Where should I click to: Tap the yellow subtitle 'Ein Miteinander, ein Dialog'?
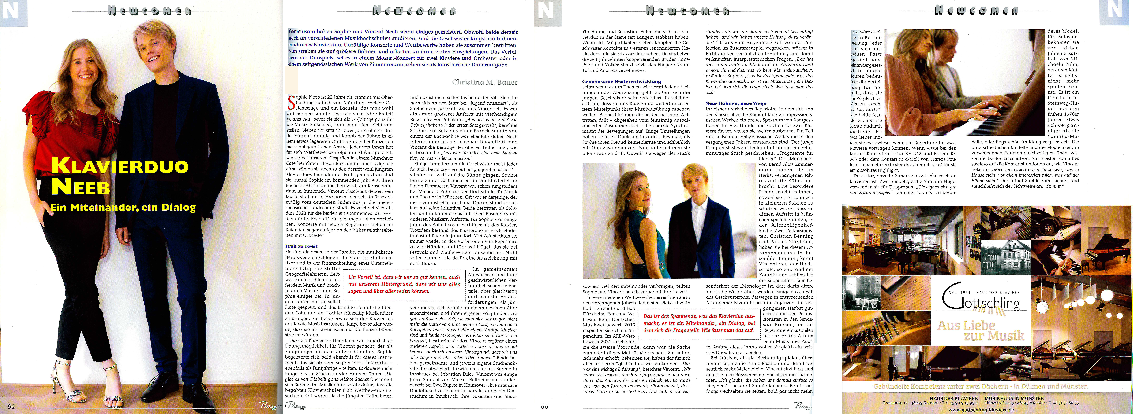coord(123,207)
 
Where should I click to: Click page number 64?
coord(11,406)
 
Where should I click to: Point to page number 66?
coord(544,406)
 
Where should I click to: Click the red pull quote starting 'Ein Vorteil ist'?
coord(404,284)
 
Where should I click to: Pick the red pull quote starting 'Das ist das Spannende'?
coord(699,323)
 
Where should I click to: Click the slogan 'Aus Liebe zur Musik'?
coord(981,331)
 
